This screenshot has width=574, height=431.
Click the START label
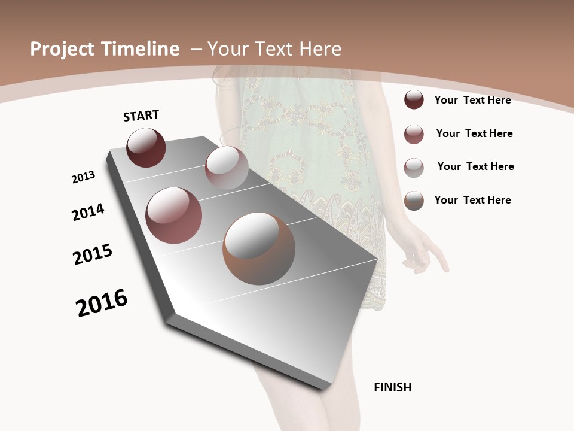pyautogui.click(x=141, y=116)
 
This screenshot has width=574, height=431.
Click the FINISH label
pyautogui.click(x=392, y=387)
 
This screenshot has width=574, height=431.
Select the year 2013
pyautogui.click(x=83, y=177)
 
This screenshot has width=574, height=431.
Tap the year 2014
pyautogui.click(x=88, y=212)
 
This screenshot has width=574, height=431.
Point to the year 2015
pyautogui.click(x=93, y=254)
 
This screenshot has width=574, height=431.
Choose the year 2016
pyautogui.click(x=102, y=303)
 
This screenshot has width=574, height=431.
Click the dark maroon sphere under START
pyautogui.click(x=146, y=147)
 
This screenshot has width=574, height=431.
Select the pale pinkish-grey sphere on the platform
pyautogui.click(x=227, y=168)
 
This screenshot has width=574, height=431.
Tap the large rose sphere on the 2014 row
pyautogui.click(x=174, y=215)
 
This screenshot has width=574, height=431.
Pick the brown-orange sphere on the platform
pyautogui.click(x=259, y=248)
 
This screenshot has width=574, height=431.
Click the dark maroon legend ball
pyautogui.click(x=414, y=99)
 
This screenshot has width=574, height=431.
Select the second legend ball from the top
pyautogui.click(x=414, y=134)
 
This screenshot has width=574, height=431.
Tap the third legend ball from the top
pyautogui.click(x=414, y=167)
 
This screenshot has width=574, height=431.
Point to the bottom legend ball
pyautogui.click(x=414, y=201)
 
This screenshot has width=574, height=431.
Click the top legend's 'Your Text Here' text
pyautogui.click(x=472, y=100)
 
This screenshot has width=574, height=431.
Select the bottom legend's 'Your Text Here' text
pyautogui.click(x=472, y=200)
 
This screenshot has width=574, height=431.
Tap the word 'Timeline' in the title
pyautogui.click(x=142, y=49)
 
